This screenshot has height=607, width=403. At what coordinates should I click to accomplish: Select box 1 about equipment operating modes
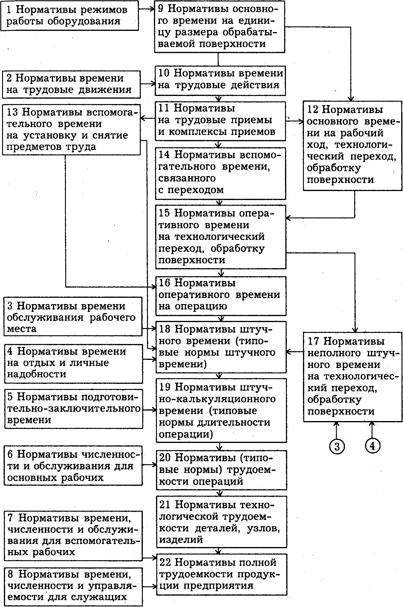(69, 15)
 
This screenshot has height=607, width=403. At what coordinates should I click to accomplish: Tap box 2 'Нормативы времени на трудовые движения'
(71, 84)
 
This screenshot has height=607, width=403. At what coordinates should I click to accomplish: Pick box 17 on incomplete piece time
(352, 377)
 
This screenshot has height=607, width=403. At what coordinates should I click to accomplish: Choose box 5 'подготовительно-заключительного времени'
(73, 408)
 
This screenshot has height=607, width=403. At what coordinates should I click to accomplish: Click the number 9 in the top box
(161, 8)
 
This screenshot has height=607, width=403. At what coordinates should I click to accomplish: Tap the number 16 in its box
(164, 283)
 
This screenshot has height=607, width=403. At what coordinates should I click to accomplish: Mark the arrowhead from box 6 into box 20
(154, 465)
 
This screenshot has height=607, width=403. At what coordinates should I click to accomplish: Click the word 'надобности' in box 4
(37, 374)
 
